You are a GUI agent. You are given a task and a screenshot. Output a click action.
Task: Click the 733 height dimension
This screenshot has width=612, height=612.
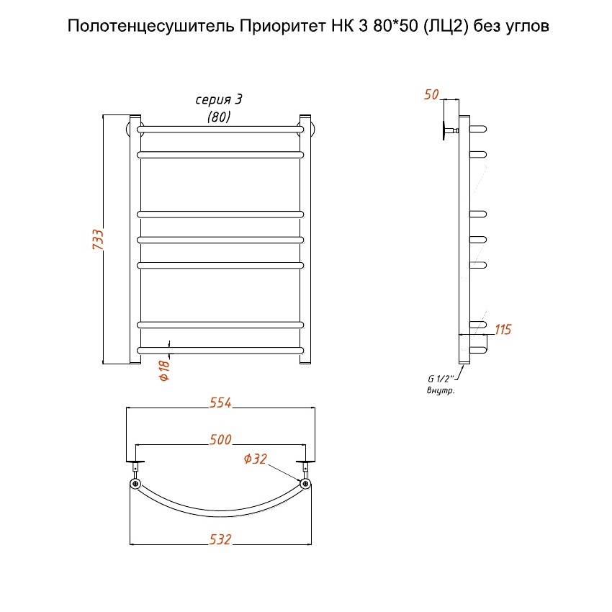coord(99,239)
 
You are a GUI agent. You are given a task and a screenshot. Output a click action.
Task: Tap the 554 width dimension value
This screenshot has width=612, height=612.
coord(220,403)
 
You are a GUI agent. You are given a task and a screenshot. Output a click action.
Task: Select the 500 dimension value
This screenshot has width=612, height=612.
coord(220,440)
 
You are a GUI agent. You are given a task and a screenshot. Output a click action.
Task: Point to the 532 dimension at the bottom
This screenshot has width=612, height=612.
coord(220,539)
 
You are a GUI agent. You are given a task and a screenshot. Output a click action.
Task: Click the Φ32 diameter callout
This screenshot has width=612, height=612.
coord(256,459)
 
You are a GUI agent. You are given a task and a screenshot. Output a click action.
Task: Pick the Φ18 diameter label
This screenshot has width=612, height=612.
coord(163,370)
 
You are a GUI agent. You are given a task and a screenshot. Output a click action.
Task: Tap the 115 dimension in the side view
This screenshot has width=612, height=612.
coord(503,330)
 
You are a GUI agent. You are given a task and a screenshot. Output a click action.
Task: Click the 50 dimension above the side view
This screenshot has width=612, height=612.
coord(431,94)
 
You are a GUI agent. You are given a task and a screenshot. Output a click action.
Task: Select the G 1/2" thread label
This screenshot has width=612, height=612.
coord(438,380)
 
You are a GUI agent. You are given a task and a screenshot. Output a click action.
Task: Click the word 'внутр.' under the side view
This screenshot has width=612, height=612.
coord(441,390)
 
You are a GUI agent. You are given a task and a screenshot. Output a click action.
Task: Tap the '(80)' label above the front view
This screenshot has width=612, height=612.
coord(219,117)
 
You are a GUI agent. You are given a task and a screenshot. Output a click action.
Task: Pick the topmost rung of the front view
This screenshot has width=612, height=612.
coord(220,130)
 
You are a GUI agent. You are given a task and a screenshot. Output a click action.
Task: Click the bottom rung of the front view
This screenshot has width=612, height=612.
coord(220,350)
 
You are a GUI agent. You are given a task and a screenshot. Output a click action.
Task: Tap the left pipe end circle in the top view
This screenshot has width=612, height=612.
coord(135,484)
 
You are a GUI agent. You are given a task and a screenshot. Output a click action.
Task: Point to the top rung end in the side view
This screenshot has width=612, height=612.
coord(479,129)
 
